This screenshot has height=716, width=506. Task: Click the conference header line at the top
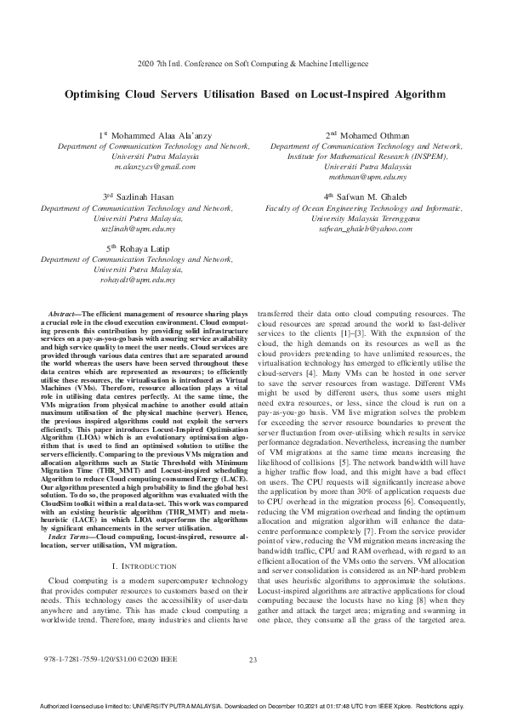(x=253, y=65)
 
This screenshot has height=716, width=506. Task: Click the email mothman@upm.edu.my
(x=367, y=177)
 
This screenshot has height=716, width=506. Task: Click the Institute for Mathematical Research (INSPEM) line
(x=367, y=156)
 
